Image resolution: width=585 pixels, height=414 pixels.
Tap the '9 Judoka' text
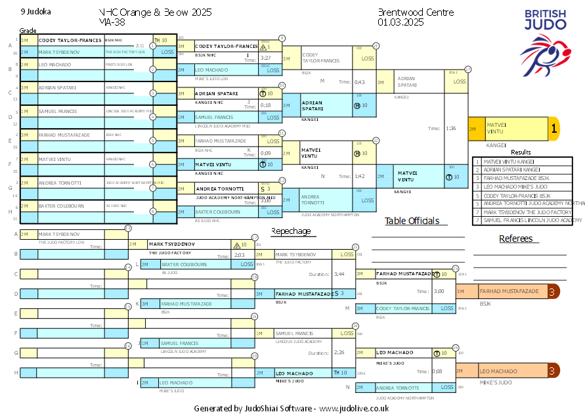coord(35,12)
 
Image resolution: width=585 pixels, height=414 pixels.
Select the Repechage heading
coord(291,231)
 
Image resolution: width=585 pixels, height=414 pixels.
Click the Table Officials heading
coord(412,221)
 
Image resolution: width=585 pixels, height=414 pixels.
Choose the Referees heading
coord(516,239)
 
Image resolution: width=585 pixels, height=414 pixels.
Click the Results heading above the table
coord(521,152)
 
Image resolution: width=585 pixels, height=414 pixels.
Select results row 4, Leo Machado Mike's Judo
coord(522,187)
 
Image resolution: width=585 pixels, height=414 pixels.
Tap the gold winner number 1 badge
coord(553,129)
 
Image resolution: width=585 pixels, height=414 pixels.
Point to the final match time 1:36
coord(450,129)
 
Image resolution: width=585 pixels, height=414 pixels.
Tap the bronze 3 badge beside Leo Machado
coord(553,371)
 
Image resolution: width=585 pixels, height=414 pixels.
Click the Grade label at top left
coord(28,31)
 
